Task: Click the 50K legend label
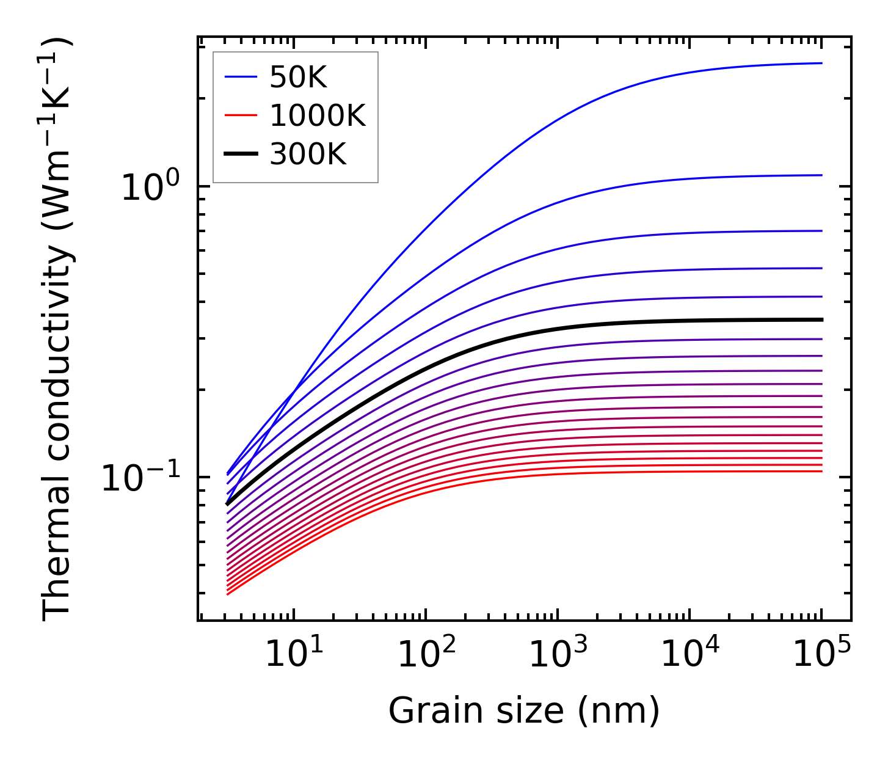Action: pos(299,78)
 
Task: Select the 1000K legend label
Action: pos(318,115)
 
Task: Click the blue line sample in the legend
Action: pos(241,77)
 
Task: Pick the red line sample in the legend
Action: pos(241,115)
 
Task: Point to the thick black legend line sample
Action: pos(241,154)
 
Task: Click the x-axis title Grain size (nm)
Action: pos(524,711)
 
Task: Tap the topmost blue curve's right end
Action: pos(821,63)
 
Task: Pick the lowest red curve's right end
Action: pos(821,471)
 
